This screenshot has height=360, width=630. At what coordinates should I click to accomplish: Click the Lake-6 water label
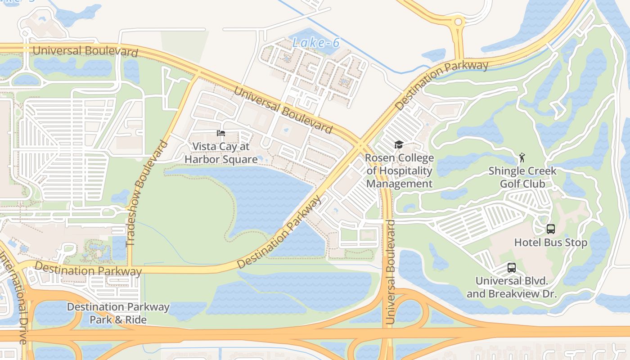coord(315,43)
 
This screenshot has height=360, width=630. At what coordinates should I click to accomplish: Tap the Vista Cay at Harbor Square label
coord(221,153)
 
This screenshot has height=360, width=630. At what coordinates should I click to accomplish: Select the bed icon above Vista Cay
coord(221,133)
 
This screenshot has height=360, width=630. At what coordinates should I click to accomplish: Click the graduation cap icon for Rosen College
coord(399,144)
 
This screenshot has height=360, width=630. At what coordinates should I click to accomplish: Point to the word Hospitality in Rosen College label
coord(399,171)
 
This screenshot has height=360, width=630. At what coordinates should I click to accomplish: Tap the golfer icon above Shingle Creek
coord(522,157)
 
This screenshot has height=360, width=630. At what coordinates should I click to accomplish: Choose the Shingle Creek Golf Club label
coord(522,177)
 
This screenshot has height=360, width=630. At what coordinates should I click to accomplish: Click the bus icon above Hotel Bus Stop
coord(551,229)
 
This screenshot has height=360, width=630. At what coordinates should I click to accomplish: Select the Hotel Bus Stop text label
coord(551,243)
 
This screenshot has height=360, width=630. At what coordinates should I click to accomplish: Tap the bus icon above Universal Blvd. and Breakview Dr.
coord(512,268)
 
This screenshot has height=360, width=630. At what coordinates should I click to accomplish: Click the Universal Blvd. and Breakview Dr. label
coord(512,288)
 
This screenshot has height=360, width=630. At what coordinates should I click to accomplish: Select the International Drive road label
coord(13,297)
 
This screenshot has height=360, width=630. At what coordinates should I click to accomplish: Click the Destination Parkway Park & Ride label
coord(118,313)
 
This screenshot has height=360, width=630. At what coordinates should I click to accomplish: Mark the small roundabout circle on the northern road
coord(458,22)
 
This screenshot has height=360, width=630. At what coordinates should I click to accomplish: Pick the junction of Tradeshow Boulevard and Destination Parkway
coord(130,269)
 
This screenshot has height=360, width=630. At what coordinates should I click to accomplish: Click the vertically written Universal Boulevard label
coord(391,272)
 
